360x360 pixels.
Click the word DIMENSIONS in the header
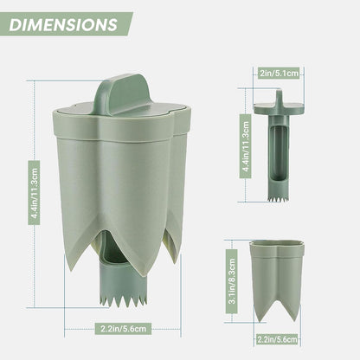63,25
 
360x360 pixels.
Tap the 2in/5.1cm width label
279,74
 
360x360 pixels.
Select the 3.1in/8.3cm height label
232,281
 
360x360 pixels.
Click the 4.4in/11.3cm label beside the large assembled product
35,193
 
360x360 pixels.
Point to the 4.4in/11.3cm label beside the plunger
246,146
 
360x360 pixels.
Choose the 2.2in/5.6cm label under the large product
123,328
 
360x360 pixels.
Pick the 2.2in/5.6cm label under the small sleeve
277,339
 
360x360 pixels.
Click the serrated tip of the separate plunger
279,198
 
